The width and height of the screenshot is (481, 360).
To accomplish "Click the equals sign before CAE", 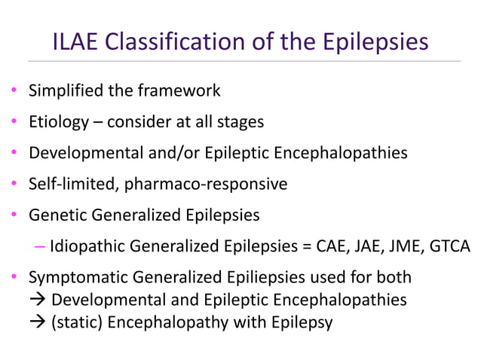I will click(x=301, y=246).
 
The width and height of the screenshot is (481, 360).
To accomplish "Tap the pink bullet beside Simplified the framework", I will click(x=14, y=92).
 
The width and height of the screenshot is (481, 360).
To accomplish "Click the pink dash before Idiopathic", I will click(x=41, y=247).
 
